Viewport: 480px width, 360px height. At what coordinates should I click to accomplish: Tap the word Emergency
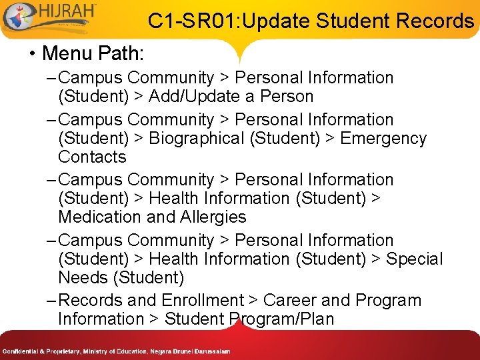pyautogui.click(x=383, y=139)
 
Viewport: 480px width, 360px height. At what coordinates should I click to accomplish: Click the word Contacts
pyautogui.click(x=92, y=157)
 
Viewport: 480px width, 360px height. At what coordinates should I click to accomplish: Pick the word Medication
pyautogui.click(x=99, y=217)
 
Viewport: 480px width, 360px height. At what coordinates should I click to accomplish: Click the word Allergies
pyautogui.click(x=213, y=217)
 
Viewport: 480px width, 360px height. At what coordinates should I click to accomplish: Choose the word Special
pyautogui.click(x=414, y=259)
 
